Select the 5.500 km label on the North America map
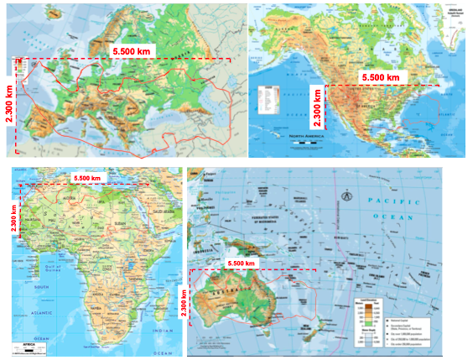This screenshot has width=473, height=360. tap(386, 76)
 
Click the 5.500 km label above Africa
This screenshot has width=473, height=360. tap(86, 178)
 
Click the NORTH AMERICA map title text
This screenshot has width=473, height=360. tap(308, 134)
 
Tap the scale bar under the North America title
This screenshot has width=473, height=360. tap(308, 143)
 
